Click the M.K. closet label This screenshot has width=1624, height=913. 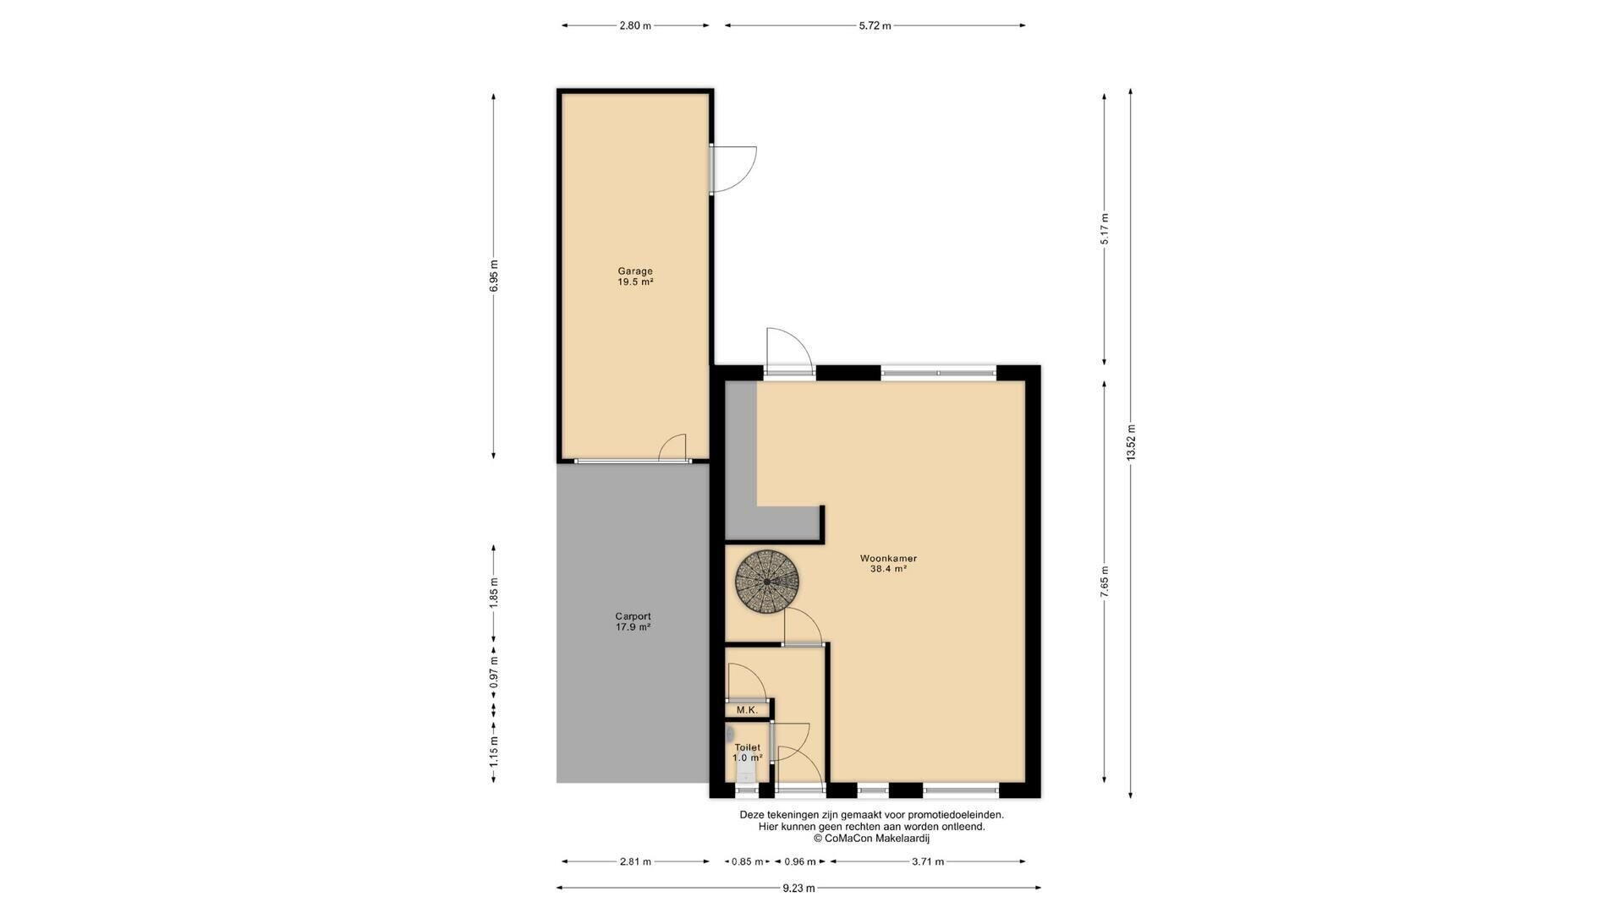tap(747, 710)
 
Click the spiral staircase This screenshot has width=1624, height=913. tap(767, 582)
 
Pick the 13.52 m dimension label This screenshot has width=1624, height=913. tap(1131, 442)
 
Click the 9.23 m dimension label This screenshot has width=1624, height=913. tap(798, 888)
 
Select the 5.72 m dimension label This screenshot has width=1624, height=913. tap(875, 25)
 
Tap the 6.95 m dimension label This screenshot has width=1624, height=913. tap(494, 276)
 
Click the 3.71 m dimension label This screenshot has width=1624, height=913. tap(927, 861)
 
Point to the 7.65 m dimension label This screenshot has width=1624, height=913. tap(1105, 582)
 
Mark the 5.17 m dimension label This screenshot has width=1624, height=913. tap(1105, 228)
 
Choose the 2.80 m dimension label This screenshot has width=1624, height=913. tap(635, 25)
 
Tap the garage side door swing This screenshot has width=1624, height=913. tap(733, 169)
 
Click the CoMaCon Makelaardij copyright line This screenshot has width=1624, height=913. tap(871, 839)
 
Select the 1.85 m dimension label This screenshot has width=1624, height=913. tap(494, 592)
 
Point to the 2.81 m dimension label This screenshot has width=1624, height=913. tap(635, 861)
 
